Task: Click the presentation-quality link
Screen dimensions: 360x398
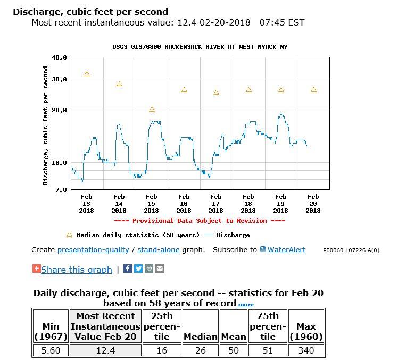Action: [93, 249]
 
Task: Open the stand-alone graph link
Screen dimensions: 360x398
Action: [158, 249]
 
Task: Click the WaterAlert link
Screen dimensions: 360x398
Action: [286, 249]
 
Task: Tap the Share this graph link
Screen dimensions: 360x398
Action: [76, 270]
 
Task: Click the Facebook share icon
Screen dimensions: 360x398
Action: [128, 269]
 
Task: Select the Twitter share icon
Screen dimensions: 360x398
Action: [138, 269]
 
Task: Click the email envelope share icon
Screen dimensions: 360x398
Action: [160, 269]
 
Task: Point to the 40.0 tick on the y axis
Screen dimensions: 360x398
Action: [60, 57]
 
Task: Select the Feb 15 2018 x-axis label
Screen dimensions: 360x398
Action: [151, 204]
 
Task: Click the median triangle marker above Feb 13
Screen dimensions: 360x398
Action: [87, 74]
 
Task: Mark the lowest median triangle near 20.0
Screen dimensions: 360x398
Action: [152, 110]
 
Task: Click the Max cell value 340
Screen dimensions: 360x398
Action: [306, 350]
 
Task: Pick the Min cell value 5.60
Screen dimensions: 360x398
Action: [50, 350]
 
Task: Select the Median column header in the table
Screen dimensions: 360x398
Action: [201, 337]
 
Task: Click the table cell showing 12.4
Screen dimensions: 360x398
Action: [105, 350]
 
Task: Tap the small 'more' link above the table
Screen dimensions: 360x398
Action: [245, 305]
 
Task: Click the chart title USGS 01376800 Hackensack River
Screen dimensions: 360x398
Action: [200, 47]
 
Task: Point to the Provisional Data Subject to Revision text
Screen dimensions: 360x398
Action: [200, 221]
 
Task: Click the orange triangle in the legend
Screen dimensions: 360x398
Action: [69, 235]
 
